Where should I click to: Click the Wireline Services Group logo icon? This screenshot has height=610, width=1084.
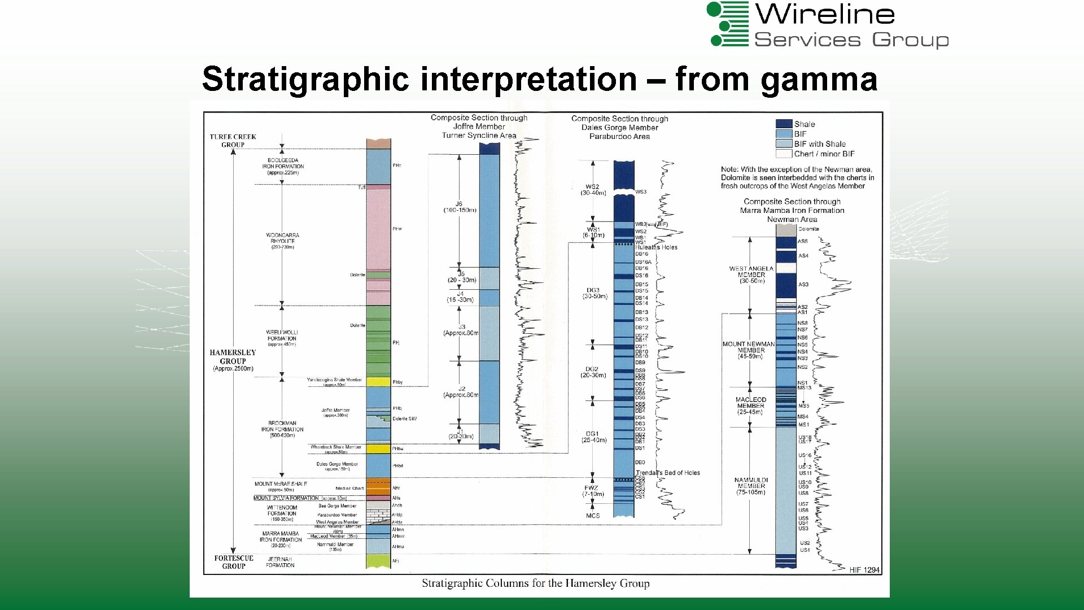click(x=728, y=24)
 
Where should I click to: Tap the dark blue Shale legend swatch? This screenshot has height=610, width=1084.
click(x=784, y=124)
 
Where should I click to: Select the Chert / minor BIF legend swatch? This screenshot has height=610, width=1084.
click(x=784, y=154)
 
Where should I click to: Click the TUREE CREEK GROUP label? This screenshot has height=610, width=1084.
click(x=233, y=141)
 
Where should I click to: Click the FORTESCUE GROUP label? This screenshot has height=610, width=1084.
click(x=234, y=562)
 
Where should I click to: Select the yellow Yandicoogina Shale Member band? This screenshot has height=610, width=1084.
click(x=378, y=382)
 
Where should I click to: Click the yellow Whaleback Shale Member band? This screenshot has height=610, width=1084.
click(x=378, y=449)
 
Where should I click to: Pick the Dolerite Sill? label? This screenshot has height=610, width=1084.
click(x=405, y=419)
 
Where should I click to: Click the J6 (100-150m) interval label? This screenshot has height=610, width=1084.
click(x=460, y=207)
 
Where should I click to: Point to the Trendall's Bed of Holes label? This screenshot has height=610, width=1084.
click(x=668, y=473)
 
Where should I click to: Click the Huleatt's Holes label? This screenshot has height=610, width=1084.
click(x=656, y=247)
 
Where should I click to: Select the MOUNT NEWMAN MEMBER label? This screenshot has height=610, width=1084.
click(x=749, y=347)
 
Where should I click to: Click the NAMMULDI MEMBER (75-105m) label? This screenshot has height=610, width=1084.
click(x=751, y=486)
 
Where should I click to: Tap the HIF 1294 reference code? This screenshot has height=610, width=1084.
click(x=864, y=570)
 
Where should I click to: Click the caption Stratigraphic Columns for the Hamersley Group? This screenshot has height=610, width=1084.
click(x=535, y=583)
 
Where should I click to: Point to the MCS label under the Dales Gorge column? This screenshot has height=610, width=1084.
click(x=593, y=516)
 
